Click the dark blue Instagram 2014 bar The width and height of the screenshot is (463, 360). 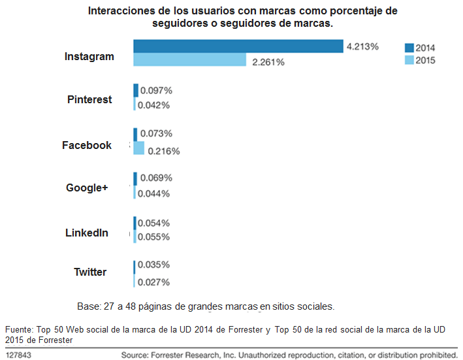[238, 46]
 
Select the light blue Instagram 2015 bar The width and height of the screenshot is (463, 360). [189, 61]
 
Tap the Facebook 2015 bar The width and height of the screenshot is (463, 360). [139, 148]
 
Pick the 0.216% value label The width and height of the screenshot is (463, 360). [164, 151]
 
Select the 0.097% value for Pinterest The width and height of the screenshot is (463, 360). [157, 90]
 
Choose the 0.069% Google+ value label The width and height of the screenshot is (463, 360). [157, 178]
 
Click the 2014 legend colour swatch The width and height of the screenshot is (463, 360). [409, 48]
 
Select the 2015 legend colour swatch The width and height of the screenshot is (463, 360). [409, 61]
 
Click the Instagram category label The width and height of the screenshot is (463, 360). [89, 56]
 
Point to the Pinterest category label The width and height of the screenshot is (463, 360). [89, 99]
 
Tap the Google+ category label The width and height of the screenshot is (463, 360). [87, 188]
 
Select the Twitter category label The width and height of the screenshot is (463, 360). [90, 272]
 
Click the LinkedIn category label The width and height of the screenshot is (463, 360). [87, 233]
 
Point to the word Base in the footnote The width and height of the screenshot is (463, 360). [88, 306]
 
